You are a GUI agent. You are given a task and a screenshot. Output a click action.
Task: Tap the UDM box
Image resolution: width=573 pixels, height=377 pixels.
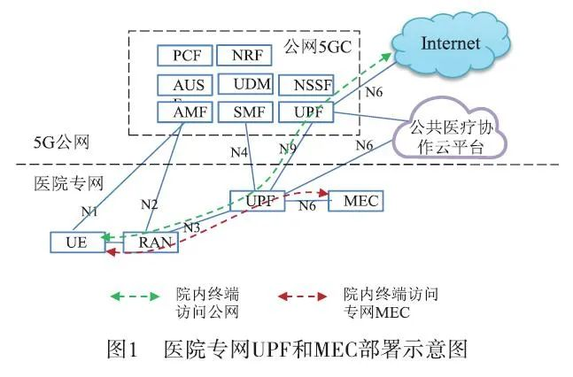[x=244, y=85]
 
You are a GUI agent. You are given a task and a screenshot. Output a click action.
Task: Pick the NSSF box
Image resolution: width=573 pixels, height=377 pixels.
[x=306, y=86]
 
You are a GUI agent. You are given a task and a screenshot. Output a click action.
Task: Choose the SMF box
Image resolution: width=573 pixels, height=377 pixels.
[x=244, y=112]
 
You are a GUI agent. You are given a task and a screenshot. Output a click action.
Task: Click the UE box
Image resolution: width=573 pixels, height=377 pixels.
[x=76, y=242]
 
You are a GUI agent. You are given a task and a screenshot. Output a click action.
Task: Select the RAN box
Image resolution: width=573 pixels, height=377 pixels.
[x=150, y=242]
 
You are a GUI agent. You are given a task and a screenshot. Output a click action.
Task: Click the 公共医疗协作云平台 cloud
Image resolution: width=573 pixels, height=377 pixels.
[x=454, y=137]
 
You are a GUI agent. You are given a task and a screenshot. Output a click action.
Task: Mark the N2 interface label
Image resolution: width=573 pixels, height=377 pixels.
[x=150, y=205]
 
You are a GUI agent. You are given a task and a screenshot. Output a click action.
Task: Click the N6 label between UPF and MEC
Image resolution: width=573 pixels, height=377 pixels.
[x=306, y=206]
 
